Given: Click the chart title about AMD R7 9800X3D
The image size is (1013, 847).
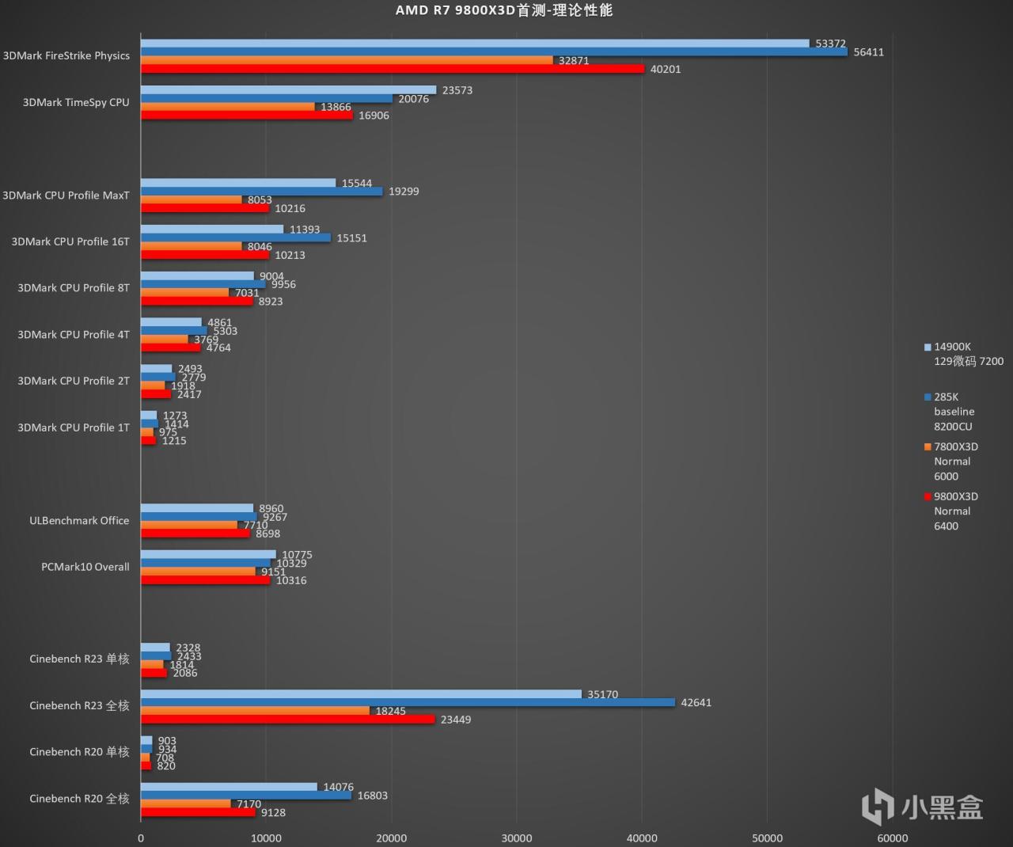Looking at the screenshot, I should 504,10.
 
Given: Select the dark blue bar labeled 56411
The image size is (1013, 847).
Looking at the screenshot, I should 494,52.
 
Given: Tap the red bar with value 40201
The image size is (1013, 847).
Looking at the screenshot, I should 393,69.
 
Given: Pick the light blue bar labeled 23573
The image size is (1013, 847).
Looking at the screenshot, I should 288,90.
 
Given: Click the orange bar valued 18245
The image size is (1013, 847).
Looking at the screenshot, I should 255,711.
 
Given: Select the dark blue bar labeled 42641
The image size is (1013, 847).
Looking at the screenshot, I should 408,702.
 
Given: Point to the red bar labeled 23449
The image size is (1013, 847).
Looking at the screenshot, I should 288,720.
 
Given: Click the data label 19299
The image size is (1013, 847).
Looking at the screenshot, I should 404,192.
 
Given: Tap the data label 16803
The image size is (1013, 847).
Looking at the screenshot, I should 373,796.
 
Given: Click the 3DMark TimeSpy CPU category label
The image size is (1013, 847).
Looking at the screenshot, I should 76,102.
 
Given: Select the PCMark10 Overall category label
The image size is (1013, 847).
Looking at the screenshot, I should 85,567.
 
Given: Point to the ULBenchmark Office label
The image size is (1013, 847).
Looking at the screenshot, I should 79,520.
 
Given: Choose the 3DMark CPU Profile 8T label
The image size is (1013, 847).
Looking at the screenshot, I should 74,288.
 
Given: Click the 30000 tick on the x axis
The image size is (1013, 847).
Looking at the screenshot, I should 516,838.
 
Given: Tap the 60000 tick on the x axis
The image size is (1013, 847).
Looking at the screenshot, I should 892,838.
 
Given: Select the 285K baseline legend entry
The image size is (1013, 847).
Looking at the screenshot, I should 954,412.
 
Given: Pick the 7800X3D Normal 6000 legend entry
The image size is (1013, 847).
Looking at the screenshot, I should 955,461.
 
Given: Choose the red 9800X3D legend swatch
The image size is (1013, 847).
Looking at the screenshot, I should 928,497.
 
